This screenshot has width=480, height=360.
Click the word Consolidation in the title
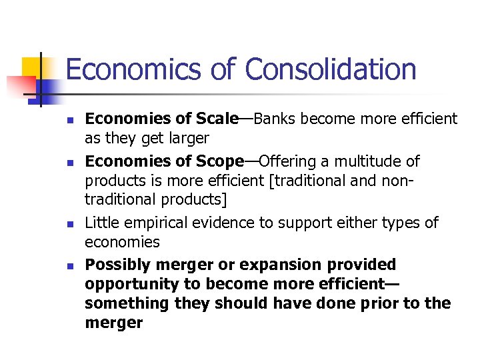click(330, 69)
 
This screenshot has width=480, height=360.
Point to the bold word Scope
click(219, 161)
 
